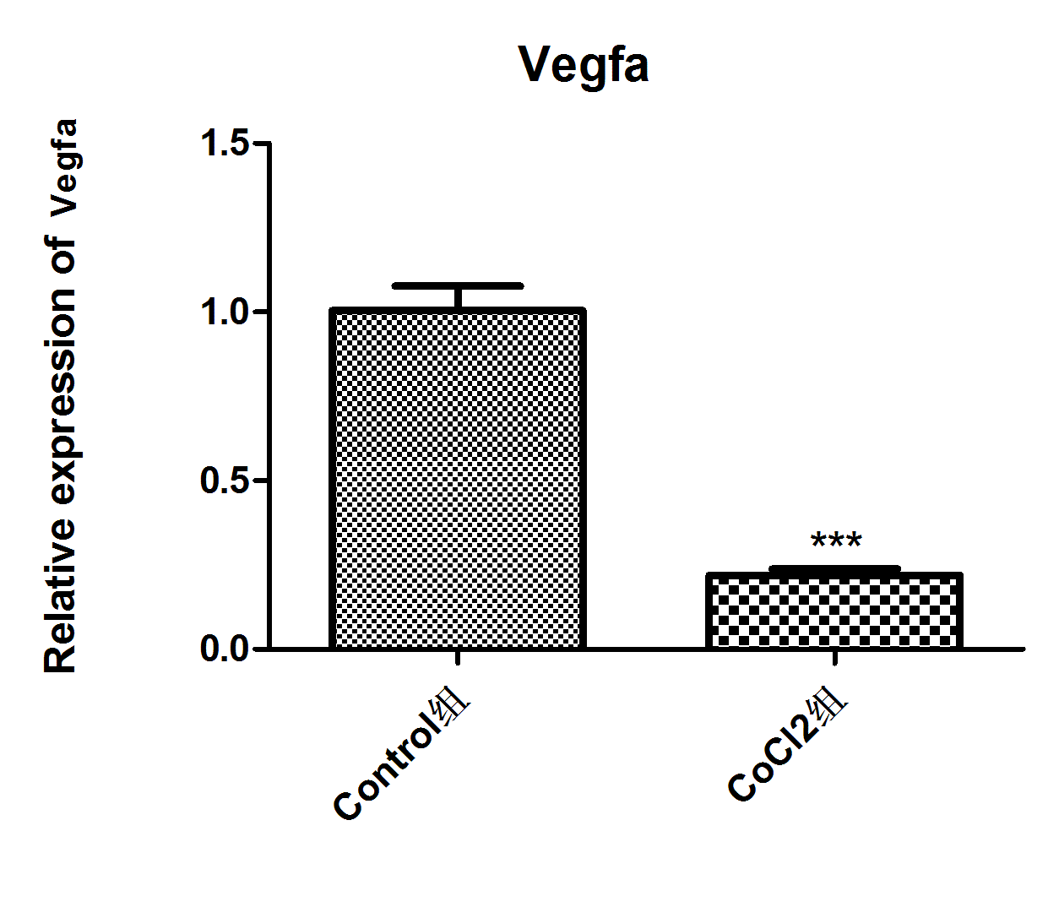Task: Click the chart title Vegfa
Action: (584, 65)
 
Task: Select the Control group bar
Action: (458, 479)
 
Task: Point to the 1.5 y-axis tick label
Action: (225, 144)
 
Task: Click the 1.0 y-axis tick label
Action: (225, 312)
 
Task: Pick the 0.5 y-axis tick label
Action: (225, 481)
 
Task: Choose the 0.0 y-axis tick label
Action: (225, 649)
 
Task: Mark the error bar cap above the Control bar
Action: (458, 286)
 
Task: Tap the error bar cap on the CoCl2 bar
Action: (834, 569)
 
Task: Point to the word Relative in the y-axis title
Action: (61, 596)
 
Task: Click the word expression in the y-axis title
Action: (61, 398)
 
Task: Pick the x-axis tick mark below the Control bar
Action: (458, 658)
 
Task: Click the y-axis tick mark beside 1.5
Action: (261, 144)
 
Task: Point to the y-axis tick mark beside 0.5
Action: (261, 481)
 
